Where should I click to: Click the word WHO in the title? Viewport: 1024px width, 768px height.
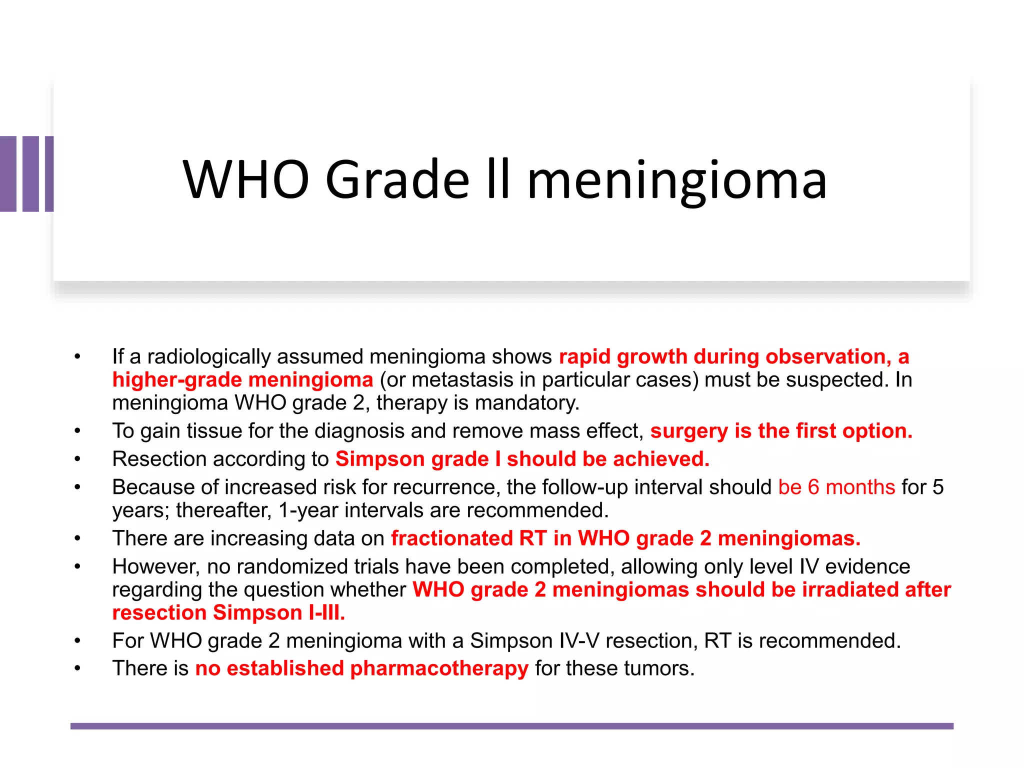point(246,179)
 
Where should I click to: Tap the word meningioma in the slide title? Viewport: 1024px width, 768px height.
point(677,179)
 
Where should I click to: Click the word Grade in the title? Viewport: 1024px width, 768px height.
point(397,179)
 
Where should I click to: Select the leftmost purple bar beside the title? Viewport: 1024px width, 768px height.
point(8,173)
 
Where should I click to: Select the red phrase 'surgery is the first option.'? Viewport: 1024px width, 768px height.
point(781,431)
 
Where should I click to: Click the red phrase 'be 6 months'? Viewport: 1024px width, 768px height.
point(836,487)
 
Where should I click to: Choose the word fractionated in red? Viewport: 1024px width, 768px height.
point(451,538)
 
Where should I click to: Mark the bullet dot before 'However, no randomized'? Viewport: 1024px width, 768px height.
point(77,567)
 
